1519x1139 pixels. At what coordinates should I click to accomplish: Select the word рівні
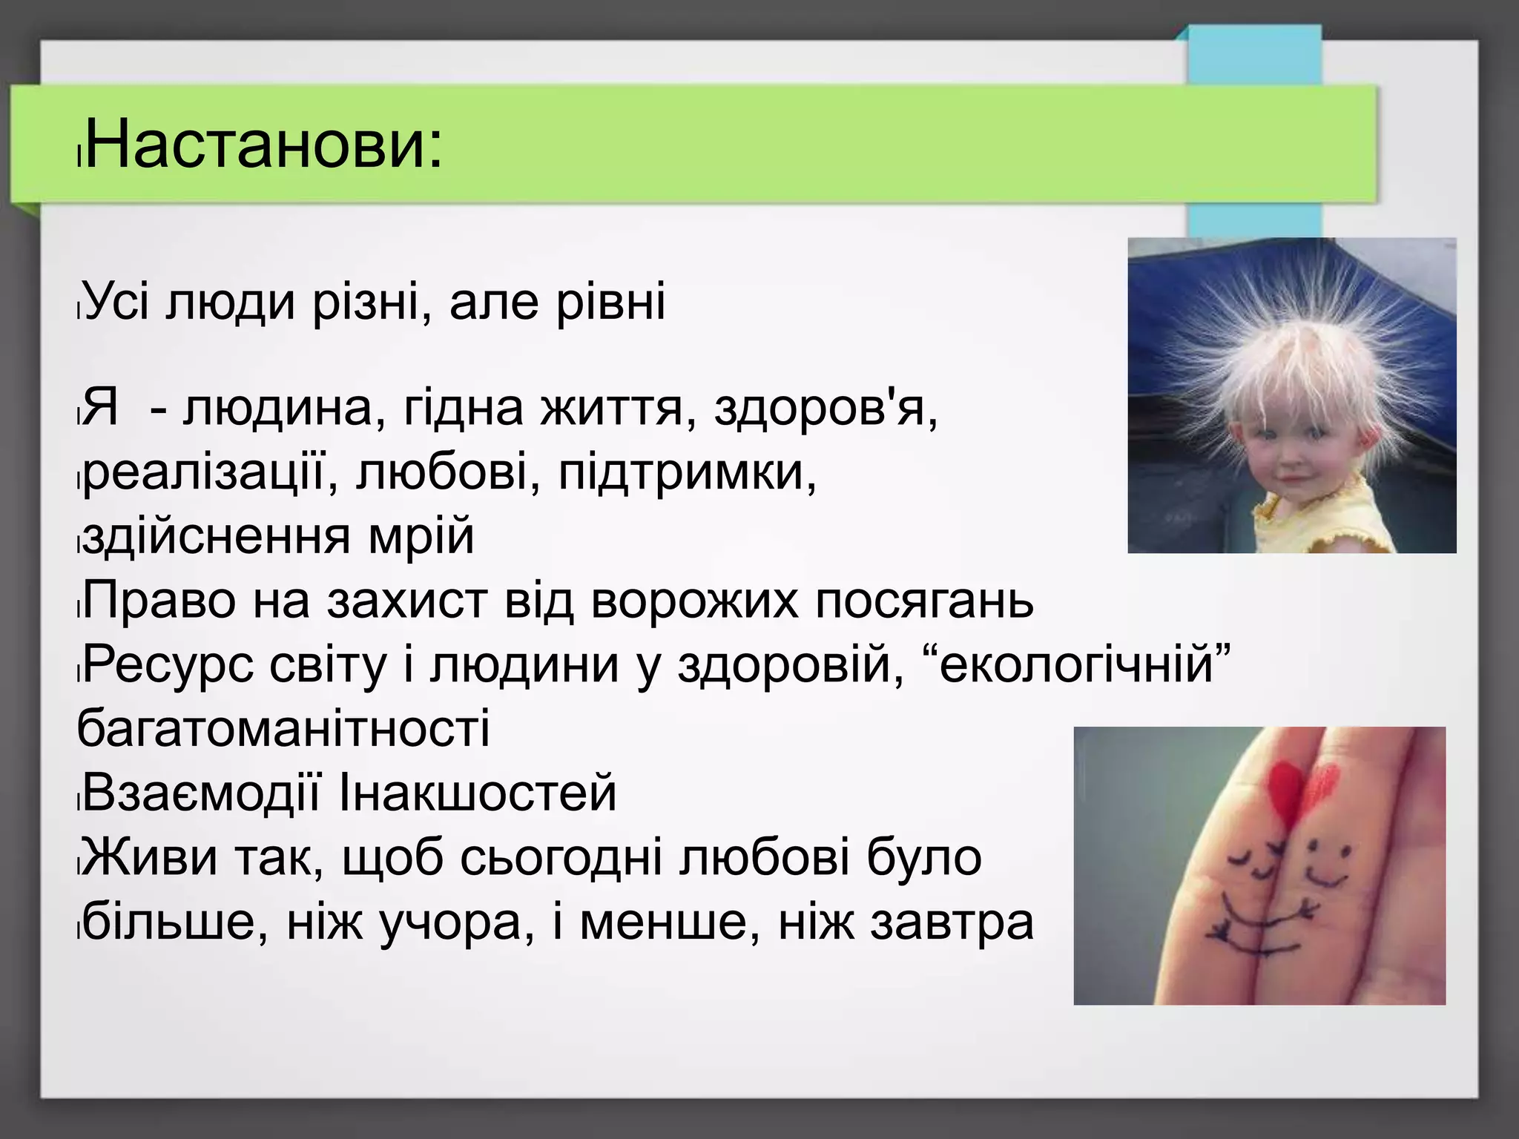pyautogui.click(x=610, y=303)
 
